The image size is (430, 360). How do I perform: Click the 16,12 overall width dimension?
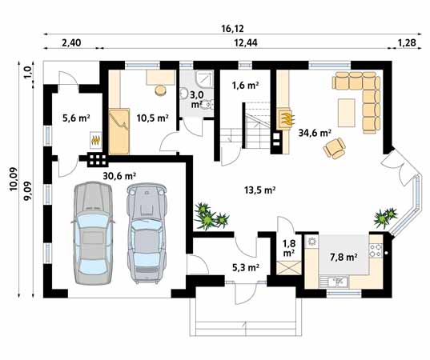[233, 26]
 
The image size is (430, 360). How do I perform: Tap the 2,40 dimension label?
[71, 41]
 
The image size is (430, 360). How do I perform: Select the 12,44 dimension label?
[245, 41]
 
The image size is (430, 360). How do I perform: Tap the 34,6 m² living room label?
[315, 134]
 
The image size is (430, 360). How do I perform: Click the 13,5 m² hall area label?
[259, 190]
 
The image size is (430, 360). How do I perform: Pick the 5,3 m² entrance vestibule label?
[245, 267]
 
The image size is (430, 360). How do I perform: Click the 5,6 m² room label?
[75, 118]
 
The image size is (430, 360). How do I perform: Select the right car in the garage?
[145, 232]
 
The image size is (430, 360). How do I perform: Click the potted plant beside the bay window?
[385, 217]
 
